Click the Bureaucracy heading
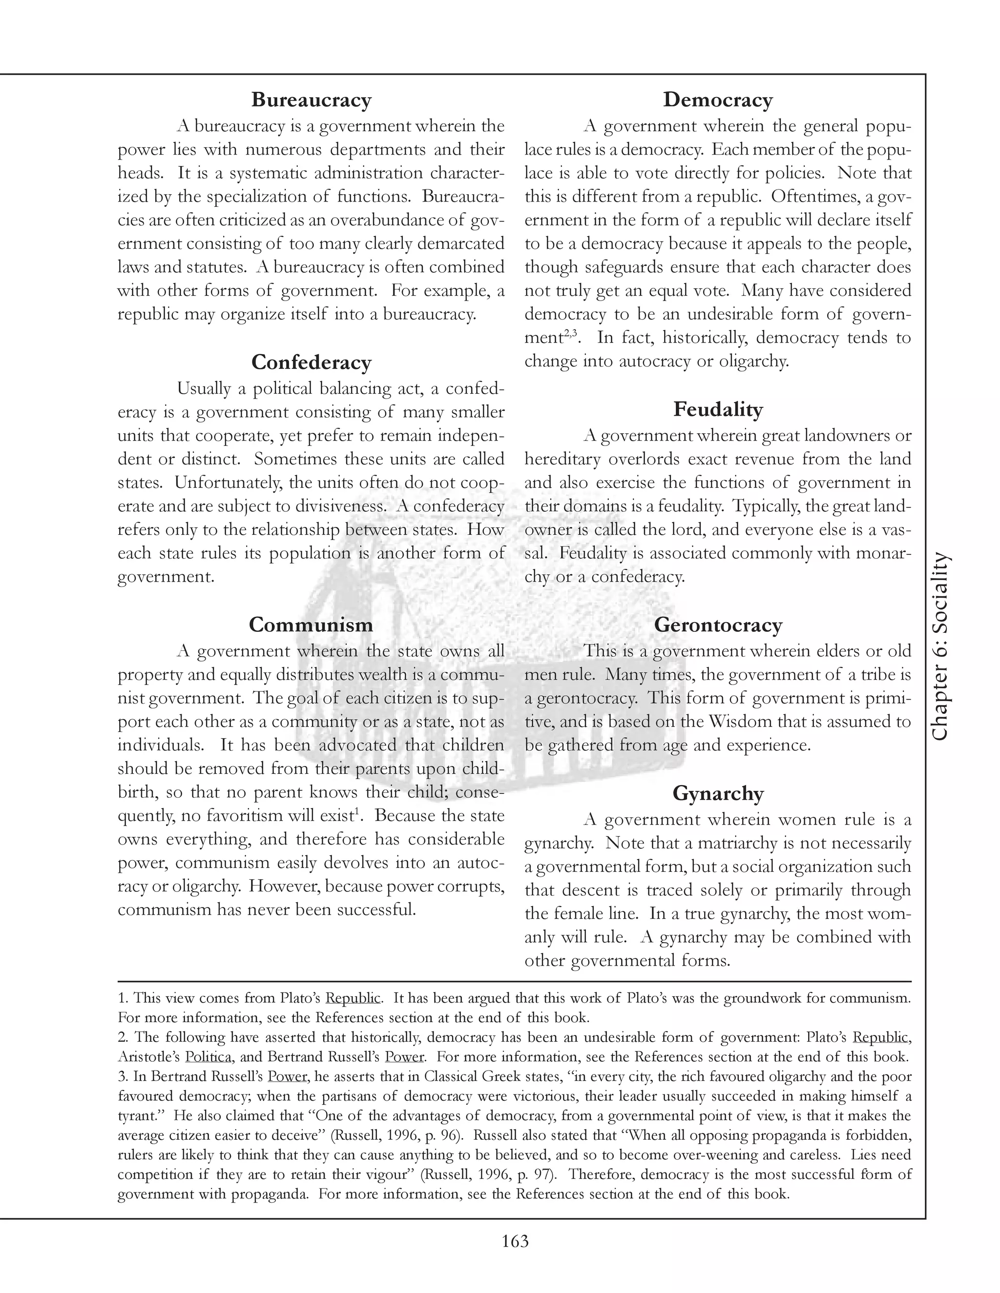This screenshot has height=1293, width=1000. coord(311,100)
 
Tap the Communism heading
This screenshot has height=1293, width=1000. coord(311,624)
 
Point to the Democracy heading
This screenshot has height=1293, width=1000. coord(717,100)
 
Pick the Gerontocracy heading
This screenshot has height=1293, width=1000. coord(717,625)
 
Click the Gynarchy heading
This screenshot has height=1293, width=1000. coord(717,793)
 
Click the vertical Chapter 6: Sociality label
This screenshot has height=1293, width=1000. coord(939,646)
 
